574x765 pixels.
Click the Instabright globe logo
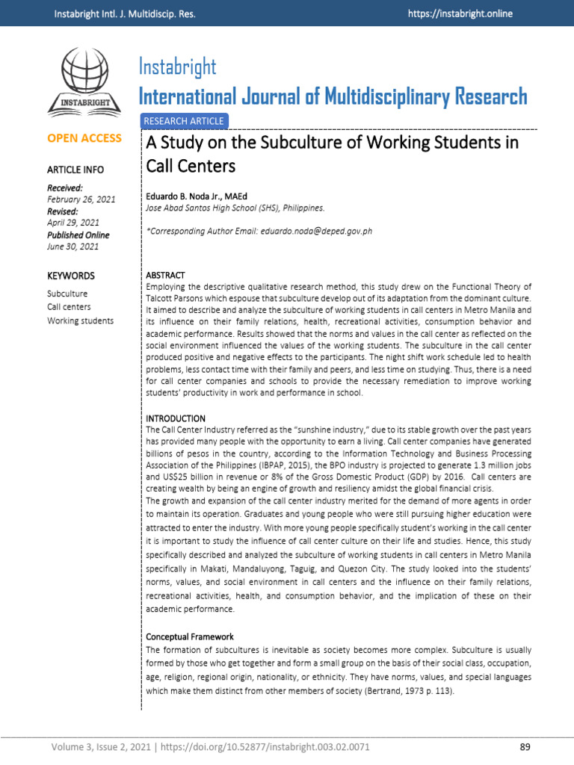[x=84, y=81]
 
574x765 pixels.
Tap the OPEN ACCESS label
[x=84, y=138]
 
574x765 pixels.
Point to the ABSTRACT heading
[x=165, y=276]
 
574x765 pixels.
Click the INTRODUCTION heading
[x=176, y=418]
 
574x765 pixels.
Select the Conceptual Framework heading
[x=190, y=637]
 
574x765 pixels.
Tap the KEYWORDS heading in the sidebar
[x=71, y=276]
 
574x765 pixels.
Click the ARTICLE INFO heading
[x=75, y=170]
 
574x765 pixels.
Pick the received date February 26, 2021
[x=81, y=199]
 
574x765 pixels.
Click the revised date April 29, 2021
[x=73, y=223]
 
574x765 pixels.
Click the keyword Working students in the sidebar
[x=81, y=320]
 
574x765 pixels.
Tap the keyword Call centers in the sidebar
[x=69, y=307]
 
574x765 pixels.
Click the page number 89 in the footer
[x=524, y=747]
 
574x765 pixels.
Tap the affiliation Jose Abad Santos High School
[x=211, y=208]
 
